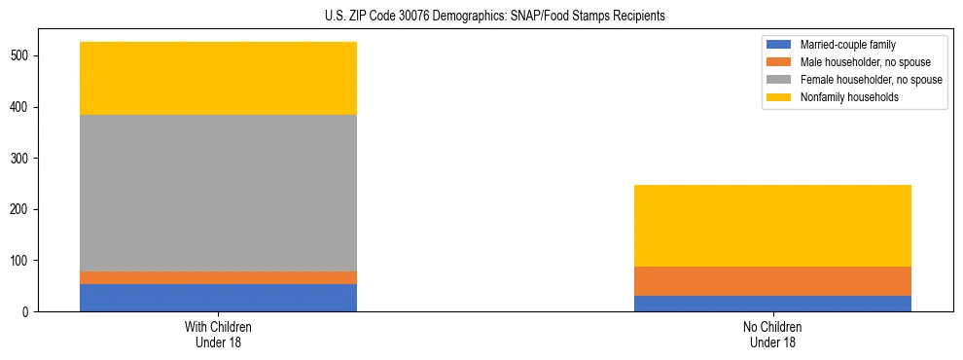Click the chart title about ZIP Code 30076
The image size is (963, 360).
[495, 17]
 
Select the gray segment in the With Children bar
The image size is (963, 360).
[218, 193]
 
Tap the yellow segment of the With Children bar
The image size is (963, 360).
[218, 78]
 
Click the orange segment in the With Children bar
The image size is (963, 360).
[218, 277]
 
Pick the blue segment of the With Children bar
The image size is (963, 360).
[218, 298]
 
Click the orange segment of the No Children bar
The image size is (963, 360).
[772, 281]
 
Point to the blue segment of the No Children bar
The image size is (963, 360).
[772, 304]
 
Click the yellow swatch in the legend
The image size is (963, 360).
[779, 97]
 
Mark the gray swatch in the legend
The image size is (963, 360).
[779, 80]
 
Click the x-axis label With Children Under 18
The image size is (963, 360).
[218, 334]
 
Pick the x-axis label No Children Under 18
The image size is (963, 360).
[772, 334]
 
